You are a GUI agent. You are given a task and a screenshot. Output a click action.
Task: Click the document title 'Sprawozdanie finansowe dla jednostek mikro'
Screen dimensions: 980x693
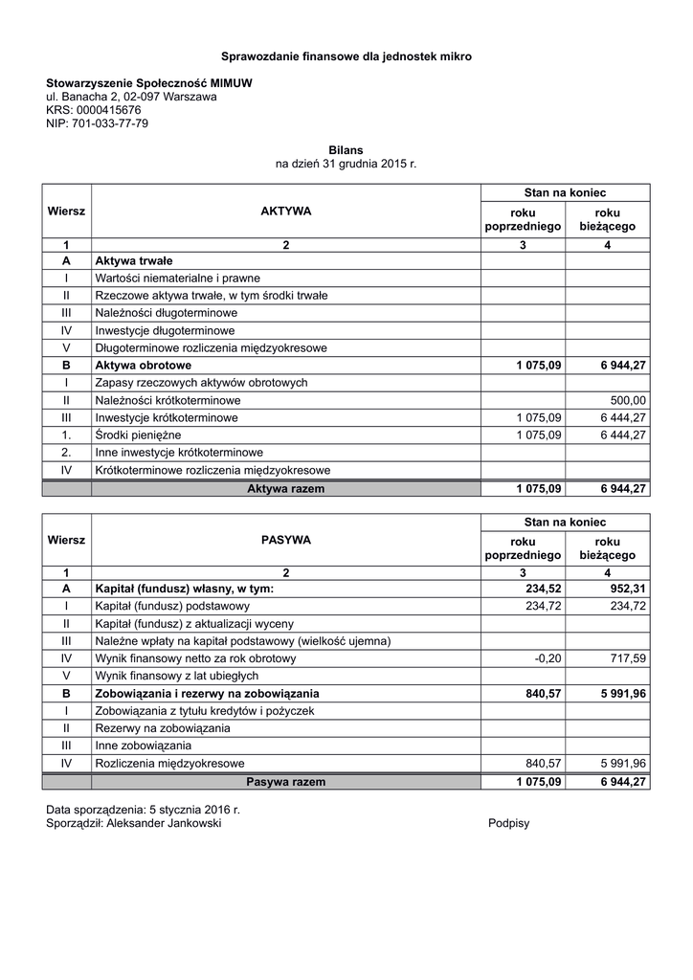pyautogui.click(x=346, y=56)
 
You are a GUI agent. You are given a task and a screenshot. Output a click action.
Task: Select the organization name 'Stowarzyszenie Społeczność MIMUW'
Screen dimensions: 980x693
pyautogui.click(x=149, y=83)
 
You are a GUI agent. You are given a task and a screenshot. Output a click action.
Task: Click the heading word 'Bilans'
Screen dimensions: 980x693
pyautogui.click(x=346, y=150)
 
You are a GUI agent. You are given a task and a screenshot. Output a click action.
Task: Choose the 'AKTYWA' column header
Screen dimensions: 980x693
pyautogui.click(x=286, y=211)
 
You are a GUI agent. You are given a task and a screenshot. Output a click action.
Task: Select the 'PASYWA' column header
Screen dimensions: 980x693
pyautogui.click(x=286, y=540)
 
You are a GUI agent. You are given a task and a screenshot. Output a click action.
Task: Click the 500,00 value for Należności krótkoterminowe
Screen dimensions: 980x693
pyautogui.click(x=628, y=400)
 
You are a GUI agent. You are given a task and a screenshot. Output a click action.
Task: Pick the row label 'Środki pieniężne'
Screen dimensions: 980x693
pyautogui.click(x=138, y=434)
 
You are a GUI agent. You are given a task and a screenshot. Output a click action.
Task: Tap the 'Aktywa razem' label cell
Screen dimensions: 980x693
pyautogui.click(x=286, y=488)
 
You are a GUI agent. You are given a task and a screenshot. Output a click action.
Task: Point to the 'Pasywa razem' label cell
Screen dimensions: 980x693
pyautogui.click(x=286, y=782)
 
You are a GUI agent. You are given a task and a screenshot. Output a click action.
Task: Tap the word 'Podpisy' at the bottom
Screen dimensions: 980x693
pyautogui.click(x=508, y=823)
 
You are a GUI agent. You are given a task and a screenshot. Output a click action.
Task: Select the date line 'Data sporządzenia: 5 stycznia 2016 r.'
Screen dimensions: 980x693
pyautogui.click(x=143, y=810)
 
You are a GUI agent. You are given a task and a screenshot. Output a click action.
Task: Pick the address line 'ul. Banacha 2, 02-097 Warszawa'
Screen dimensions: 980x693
pyautogui.click(x=131, y=97)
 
